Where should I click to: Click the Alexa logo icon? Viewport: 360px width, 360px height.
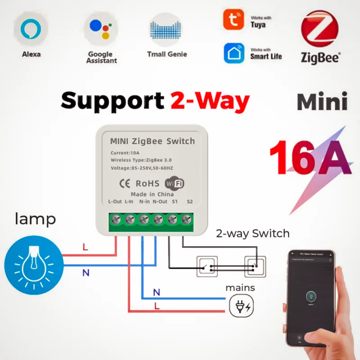[31, 29]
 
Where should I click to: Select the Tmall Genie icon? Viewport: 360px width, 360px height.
[166, 29]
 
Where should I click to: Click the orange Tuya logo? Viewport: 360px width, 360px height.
[234, 19]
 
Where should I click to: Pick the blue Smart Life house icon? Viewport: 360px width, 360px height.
[234, 53]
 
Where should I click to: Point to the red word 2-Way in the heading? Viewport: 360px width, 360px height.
[210, 100]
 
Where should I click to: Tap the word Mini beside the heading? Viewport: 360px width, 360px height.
[322, 102]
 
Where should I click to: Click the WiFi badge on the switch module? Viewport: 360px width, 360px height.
[175, 184]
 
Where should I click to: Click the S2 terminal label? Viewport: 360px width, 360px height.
[189, 202]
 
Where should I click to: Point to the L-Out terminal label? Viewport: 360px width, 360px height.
[115, 202]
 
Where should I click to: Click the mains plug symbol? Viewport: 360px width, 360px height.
[242, 307]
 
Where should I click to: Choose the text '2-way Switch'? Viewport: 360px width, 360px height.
[253, 234]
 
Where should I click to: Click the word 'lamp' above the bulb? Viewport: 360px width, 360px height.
[36, 219]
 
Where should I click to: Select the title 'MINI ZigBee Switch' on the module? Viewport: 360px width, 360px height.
[153, 141]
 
